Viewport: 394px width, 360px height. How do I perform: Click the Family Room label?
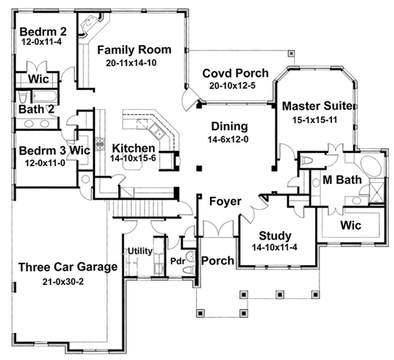click(134, 50)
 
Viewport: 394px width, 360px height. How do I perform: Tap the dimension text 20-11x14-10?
click(131, 63)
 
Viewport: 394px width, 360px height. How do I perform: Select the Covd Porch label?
click(236, 74)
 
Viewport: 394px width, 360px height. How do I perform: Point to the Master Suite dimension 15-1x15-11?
click(315, 120)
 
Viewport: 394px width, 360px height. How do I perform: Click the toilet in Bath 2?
click(22, 97)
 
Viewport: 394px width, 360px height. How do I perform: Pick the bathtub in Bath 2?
click(45, 97)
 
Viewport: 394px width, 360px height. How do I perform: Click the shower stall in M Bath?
click(376, 192)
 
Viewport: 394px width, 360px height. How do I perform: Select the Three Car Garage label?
click(68, 267)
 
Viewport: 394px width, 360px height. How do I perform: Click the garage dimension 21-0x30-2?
click(63, 282)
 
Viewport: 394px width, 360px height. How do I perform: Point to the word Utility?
click(140, 251)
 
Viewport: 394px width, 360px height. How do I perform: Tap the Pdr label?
click(178, 261)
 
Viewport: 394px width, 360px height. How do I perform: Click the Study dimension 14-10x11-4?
click(274, 248)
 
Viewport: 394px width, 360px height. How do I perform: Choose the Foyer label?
click(225, 202)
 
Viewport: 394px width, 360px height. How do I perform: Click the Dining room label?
click(229, 126)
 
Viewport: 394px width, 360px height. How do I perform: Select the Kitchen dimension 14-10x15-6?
click(133, 158)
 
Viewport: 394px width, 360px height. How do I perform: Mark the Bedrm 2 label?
click(43, 32)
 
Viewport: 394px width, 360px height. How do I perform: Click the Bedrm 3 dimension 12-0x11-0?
click(45, 163)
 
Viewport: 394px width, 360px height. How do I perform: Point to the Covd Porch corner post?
click(291, 53)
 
